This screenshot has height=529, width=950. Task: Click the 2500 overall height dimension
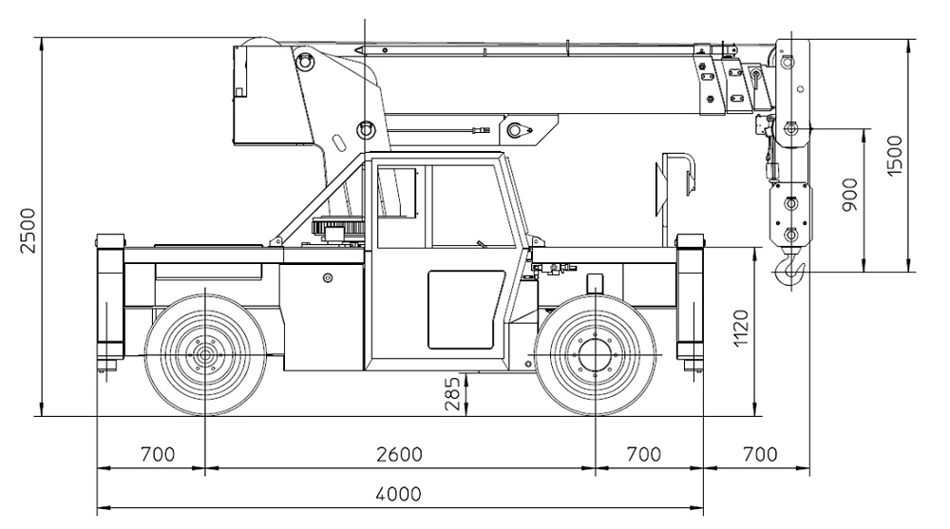29,229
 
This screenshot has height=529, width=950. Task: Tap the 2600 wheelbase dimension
399,454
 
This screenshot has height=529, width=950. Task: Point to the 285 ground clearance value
453,392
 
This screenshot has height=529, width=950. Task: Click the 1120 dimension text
742,329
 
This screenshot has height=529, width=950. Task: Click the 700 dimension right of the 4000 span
758,454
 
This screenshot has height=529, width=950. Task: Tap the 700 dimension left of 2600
157,454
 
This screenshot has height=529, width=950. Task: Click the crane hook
791,272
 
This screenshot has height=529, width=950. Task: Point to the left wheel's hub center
204,357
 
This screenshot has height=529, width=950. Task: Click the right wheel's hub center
595,357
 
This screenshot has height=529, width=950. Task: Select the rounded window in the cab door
465,310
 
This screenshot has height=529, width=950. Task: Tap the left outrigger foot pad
107,365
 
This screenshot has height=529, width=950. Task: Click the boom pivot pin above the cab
365,128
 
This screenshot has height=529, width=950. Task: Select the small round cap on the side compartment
328,278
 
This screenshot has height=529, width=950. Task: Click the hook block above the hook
791,214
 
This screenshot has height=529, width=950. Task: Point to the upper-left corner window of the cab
397,194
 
